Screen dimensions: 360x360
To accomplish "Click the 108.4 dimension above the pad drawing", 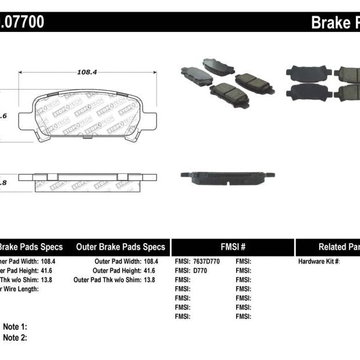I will click(87, 72).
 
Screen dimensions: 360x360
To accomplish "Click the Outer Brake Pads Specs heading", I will click(120, 247).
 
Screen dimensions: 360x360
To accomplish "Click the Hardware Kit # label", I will click(319, 261).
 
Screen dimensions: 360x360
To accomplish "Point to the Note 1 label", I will click(15, 327).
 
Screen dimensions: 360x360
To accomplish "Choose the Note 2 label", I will click(15, 337).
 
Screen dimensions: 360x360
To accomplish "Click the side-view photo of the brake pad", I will click(227, 175).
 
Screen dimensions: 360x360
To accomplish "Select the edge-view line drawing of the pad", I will click(88, 177).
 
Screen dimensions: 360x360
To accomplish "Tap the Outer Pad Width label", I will click(116, 261).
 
